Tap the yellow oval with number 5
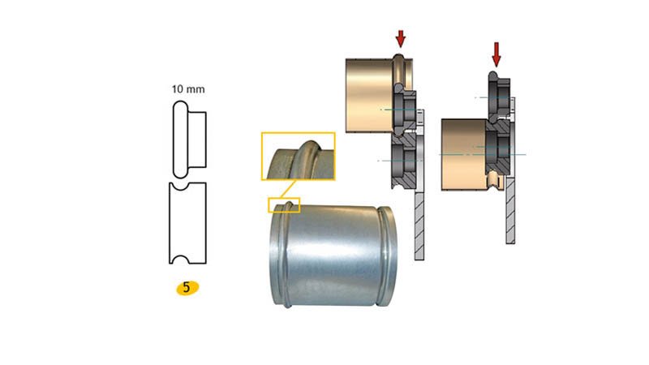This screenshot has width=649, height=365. (187, 287)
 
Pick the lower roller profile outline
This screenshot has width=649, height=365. (187, 222)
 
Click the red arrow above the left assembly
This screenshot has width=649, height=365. (399, 37)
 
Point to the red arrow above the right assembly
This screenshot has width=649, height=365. (496, 54)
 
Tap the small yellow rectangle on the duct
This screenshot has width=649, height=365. (285, 204)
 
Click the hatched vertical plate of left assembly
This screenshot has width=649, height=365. (419, 219)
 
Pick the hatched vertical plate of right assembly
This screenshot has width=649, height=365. (510, 211)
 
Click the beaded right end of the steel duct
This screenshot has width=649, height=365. (389, 255)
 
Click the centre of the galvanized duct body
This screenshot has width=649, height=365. (329, 255)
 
